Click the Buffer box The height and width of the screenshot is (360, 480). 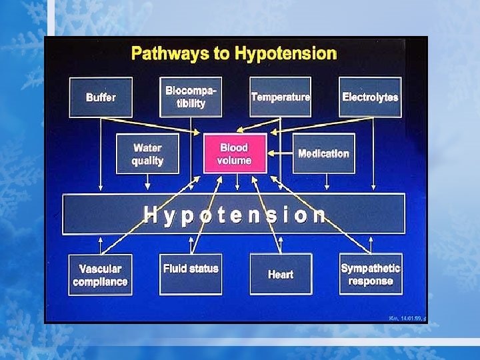(x=101, y=97)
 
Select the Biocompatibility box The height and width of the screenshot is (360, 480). (x=191, y=97)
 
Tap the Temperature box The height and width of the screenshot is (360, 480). (x=280, y=97)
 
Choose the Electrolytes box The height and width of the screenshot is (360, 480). (x=370, y=97)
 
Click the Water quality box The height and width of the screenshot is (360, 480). (x=147, y=154)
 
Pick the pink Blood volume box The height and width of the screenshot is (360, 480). (x=234, y=154)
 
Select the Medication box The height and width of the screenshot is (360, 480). (x=323, y=153)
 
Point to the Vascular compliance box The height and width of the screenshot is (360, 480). (x=100, y=275)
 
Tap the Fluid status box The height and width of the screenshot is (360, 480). (x=191, y=274)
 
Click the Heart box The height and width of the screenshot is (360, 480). (x=280, y=274)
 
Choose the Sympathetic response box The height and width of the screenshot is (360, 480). (x=371, y=274)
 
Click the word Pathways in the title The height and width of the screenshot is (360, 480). (x=170, y=53)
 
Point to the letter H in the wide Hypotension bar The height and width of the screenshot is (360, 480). (x=152, y=215)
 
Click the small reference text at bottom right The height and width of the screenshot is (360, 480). (x=407, y=319)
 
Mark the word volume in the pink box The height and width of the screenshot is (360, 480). (x=234, y=160)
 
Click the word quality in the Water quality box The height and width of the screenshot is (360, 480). (x=147, y=161)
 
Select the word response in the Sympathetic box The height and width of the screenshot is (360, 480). (x=371, y=281)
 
